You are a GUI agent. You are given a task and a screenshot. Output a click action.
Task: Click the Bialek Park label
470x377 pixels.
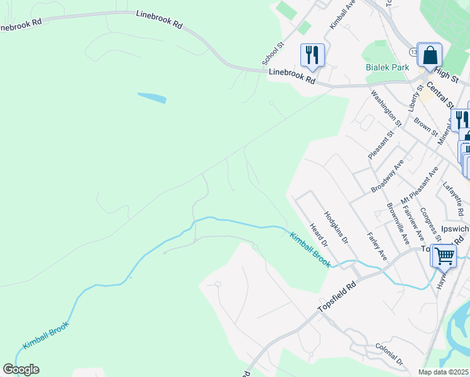click(387, 67)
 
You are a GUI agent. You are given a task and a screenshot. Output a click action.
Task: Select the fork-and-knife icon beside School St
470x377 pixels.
click(312, 54)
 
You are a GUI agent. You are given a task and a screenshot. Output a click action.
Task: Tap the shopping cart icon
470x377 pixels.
click(444, 256)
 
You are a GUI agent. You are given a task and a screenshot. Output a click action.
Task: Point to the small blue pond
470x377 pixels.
click(152, 98)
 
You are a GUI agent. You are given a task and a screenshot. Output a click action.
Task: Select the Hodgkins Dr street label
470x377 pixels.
click(336, 228)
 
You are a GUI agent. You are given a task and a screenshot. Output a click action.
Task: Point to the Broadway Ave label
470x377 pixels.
click(387, 176)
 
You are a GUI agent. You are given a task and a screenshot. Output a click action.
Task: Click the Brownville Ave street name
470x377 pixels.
click(398, 224)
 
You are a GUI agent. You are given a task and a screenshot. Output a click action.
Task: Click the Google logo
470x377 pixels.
click(21, 369)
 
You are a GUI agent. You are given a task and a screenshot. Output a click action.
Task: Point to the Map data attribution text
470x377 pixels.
click(444, 372)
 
